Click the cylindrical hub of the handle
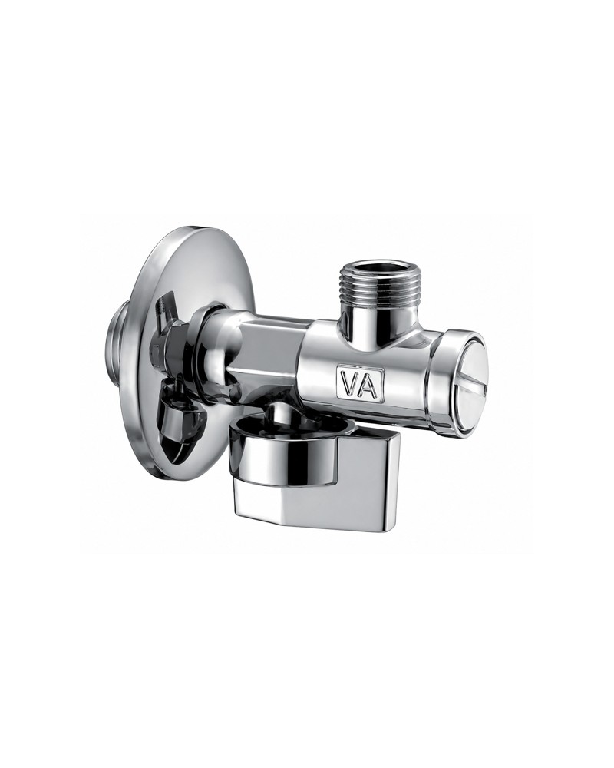coord(279,458)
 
